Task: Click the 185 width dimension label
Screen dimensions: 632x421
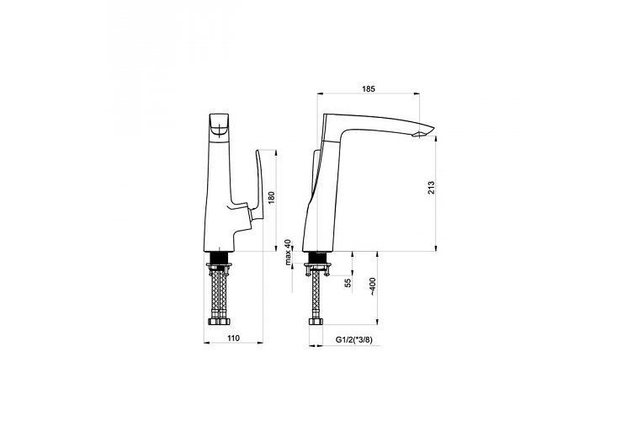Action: pyautogui.click(x=368, y=88)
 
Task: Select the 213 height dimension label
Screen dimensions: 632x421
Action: pyautogui.click(x=431, y=188)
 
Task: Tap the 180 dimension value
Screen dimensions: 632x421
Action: pyautogui.click(x=271, y=198)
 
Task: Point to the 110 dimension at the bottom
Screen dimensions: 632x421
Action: pyautogui.click(x=233, y=338)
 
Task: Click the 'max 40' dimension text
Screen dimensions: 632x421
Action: pyautogui.click(x=287, y=253)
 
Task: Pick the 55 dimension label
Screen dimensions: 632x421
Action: pyautogui.click(x=348, y=283)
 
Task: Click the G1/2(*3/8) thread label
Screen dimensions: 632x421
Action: pyautogui.click(x=354, y=339)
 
